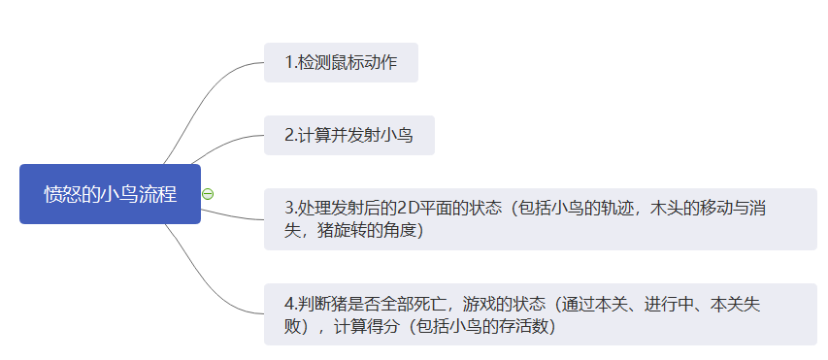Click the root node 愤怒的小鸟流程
(110, 194)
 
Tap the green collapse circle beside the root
(208, 194)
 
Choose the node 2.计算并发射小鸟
(348, 135)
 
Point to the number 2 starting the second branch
(288, 135)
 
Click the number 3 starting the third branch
(288, 208)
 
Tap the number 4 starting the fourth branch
(288, 303)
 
